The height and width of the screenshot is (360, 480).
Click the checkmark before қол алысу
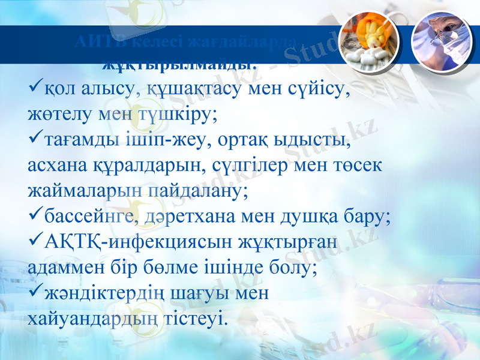35,89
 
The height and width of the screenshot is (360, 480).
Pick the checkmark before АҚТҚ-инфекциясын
35,242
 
